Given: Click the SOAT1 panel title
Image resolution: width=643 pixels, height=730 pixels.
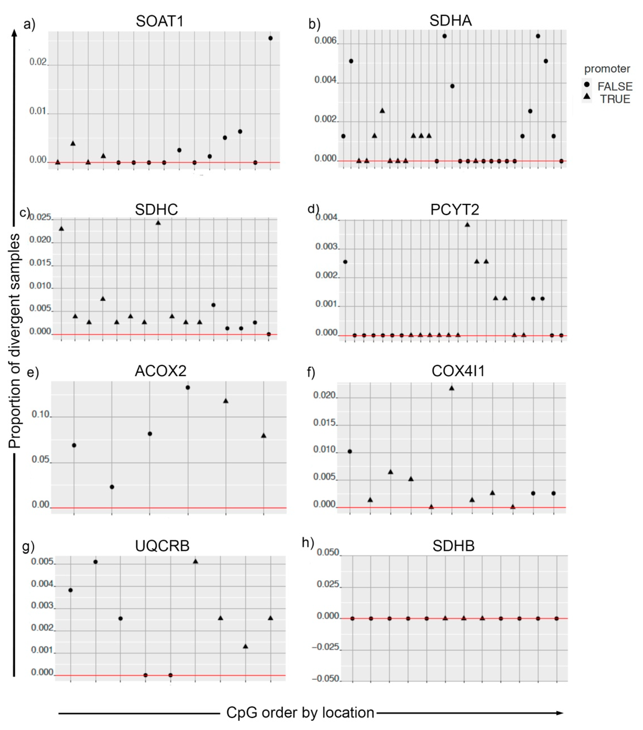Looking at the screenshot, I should [x=159, y=21].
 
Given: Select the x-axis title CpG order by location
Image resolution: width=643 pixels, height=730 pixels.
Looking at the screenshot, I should [x=300, y=712].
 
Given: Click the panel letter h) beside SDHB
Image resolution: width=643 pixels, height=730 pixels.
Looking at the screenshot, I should [x=308, y=542].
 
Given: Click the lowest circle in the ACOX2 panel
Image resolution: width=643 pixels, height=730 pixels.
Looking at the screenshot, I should [x=112, y=487].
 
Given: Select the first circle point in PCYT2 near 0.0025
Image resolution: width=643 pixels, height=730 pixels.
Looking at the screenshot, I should [x=345, y=262].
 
